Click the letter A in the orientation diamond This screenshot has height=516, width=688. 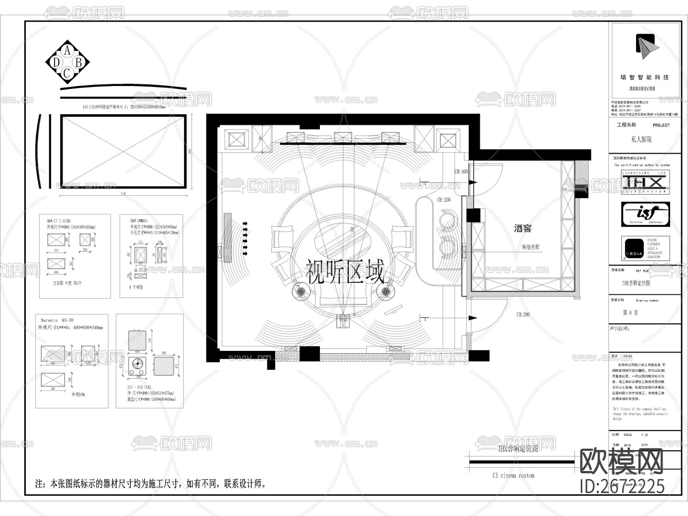[68, 50]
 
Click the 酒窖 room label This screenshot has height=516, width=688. [522, 229]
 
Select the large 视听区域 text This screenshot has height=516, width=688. [344, 272]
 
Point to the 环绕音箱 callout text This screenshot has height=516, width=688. [531, 247]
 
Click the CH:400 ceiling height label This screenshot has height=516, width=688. [461, 172]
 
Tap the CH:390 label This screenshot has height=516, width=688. [523, 315]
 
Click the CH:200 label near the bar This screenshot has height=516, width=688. [444, 200]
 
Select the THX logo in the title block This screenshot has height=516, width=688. [645, 182]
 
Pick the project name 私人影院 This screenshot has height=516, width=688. [641, 140]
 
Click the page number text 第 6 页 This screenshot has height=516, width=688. [630, 313]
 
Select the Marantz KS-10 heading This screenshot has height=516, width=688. [57, 320]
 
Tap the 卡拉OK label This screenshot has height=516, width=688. [78, 394]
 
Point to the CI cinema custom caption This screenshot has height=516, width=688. [513, 475]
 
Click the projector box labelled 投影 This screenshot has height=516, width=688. [342, 321]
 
